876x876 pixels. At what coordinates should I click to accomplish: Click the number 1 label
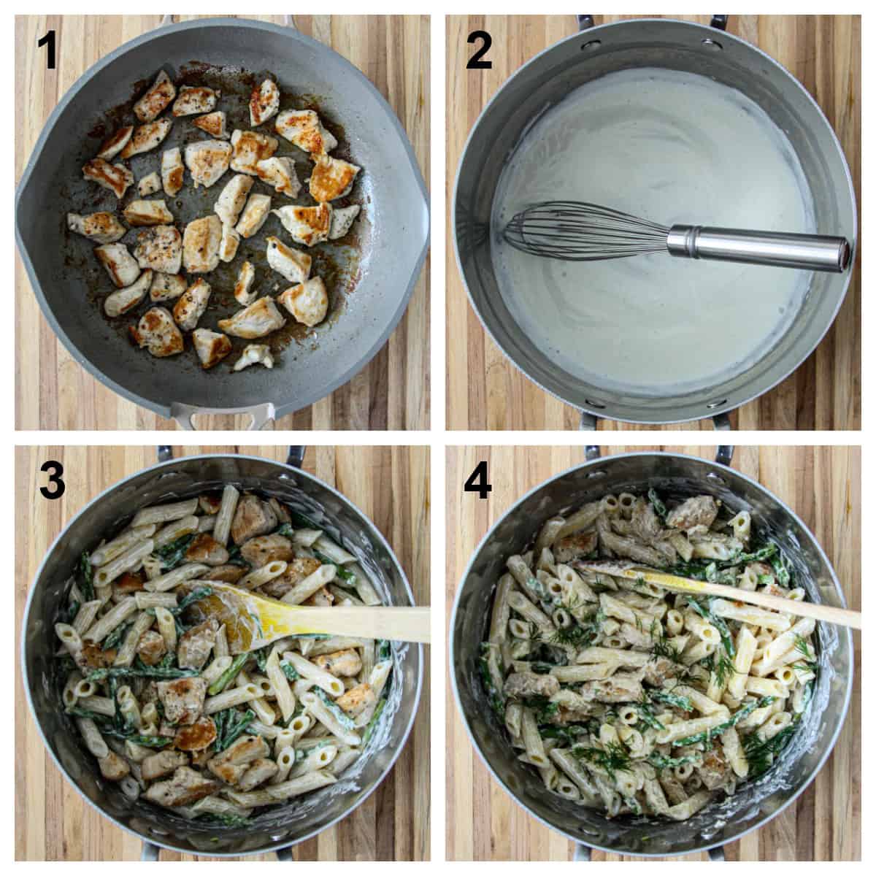tap(47, 51)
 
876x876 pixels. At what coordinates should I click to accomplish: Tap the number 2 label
tap(480, 51)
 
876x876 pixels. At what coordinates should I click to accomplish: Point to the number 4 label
tap(477, 480)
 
